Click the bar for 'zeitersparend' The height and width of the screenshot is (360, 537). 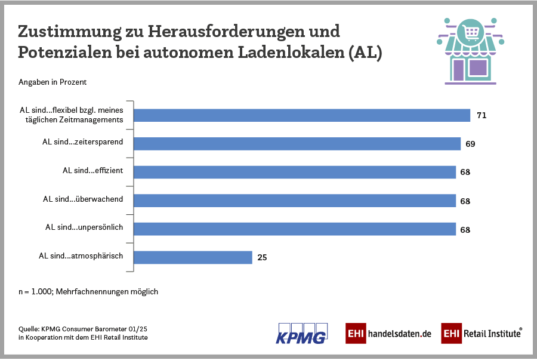point(297,144)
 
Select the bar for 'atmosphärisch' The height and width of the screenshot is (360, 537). point(193,257)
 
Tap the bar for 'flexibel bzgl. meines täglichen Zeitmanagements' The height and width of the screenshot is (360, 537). point(302,115)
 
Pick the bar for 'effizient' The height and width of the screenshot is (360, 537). point(294,172)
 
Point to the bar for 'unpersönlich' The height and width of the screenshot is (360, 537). point(294,229)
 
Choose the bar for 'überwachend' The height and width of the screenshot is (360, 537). point(294,201)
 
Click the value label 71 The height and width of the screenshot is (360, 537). point(482,115)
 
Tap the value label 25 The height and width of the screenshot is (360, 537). point(262,258)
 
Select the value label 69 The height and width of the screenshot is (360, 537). point(470,144)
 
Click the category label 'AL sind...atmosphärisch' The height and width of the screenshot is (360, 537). point(81,256)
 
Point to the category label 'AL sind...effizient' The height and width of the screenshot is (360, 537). point(92,171)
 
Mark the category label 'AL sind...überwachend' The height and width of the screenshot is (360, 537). point(83,199)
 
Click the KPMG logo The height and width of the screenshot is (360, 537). point(301,333)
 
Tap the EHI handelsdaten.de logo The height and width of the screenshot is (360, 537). point(388,333)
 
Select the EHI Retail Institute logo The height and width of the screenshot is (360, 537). point(482,333)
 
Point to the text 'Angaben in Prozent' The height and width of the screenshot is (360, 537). point(53,82)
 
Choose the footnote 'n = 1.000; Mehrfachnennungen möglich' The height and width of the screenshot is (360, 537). point(88,292)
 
